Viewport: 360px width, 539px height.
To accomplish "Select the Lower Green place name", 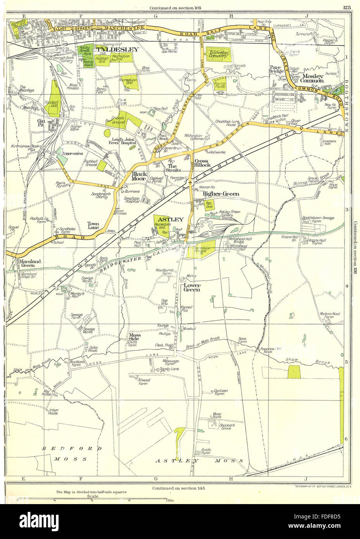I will click(x=192, y=287).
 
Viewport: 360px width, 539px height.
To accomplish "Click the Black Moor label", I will click(x=139, y=176).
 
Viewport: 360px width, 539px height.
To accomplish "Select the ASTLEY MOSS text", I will click(x=199, y=461).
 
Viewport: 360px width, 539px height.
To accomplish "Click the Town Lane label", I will click(x=93, y=226).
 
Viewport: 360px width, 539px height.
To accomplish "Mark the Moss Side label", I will click(x=135, y=337).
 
